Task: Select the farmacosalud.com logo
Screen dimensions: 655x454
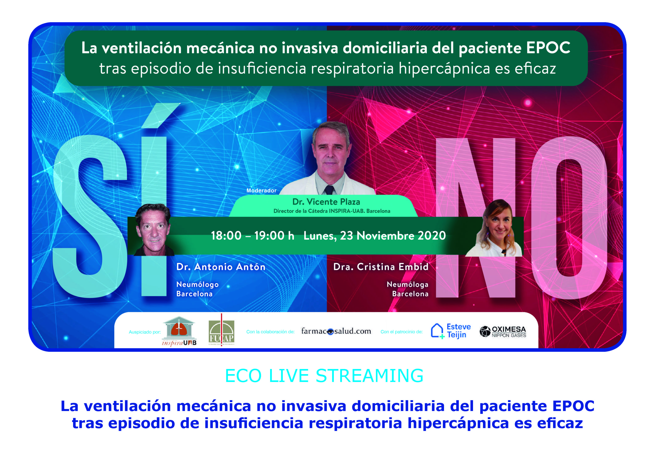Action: tap(336, 331)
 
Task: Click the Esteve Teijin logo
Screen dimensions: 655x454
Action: tap(451, 331)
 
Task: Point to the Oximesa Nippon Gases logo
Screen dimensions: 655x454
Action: tap(503, 331)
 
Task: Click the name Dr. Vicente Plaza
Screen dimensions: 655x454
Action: tap(326, 202)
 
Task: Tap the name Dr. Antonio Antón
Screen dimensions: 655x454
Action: tap(221, 266)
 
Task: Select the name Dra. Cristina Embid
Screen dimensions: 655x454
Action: tap(381, 266)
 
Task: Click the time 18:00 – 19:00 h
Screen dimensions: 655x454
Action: tap(252, 235)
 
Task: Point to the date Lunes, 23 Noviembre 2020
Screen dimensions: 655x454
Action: tap(375, 235)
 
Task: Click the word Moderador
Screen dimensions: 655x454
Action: tap(261, 190)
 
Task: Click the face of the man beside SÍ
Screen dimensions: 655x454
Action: tap(153, 230)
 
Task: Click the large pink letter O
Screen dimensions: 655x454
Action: tap(569, 218)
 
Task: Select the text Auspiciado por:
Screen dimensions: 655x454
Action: tap(145, 332)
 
